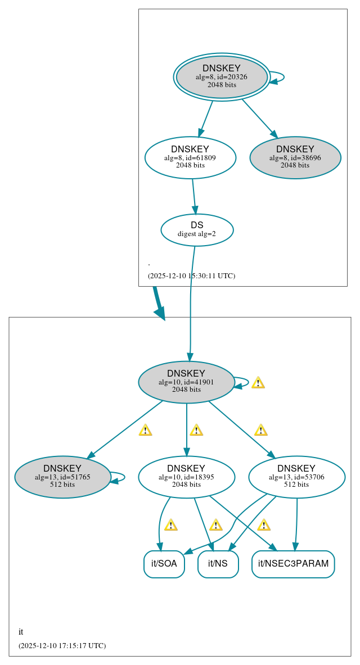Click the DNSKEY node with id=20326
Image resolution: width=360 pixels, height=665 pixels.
(x=222, y=77)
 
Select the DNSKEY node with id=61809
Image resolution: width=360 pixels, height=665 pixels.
(x=190, y=157)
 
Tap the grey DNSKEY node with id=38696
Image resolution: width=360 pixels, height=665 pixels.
(x=295, y=157)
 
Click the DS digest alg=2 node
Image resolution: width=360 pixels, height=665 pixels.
(x=197, y=229)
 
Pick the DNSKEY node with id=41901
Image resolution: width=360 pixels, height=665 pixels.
(x=186, y=382)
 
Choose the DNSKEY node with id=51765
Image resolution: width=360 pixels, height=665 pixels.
(x=62, y=477)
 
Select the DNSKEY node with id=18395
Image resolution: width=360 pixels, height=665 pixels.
(x=186, y=477)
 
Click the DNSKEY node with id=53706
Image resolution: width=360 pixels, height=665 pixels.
(x=296, y=477)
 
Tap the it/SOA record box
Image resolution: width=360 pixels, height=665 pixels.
(x=164, y=564)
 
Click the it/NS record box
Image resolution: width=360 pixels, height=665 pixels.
(x=218, y=564)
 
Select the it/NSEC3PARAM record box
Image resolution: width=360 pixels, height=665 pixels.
(x=293, y=564)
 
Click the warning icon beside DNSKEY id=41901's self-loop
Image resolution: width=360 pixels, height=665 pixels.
(x=258, y=383)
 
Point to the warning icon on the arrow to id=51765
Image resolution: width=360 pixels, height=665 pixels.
(x=145, y=430)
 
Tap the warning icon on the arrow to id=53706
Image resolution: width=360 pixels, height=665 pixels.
(x=260, y=430)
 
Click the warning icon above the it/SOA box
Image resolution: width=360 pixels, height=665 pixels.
(x=170, y=525)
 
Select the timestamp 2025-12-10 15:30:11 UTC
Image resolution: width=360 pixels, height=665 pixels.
(x=191, y=276)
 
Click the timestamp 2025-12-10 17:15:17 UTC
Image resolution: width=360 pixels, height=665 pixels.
(x=62, y=646)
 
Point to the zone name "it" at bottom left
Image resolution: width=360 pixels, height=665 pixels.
(x=21, y=632)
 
